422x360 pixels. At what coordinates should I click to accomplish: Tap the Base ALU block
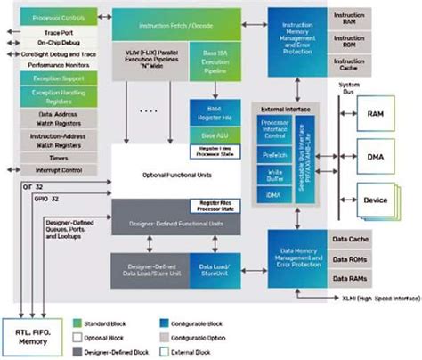(x=214, y=134)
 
